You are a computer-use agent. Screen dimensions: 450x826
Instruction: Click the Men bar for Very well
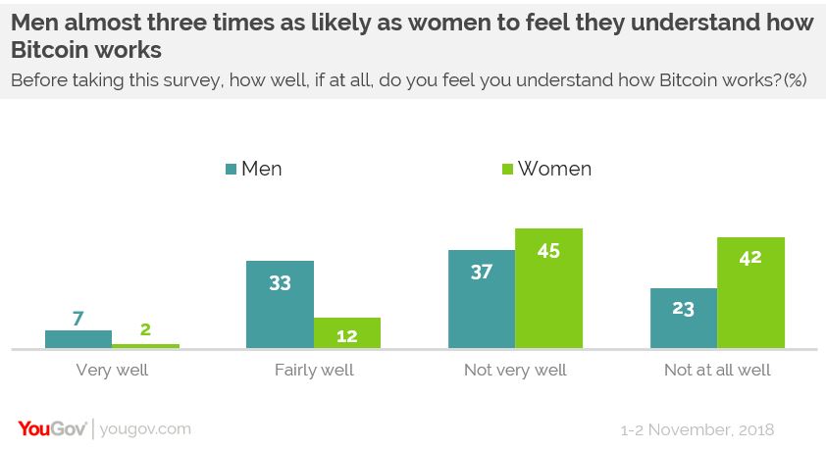(x=78, y=339)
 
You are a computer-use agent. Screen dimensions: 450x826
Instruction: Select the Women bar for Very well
(x=145, y=345)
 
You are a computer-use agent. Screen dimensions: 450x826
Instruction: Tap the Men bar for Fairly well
(x=280, y=304)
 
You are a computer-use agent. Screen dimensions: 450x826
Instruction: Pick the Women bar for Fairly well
(x=346, y=332)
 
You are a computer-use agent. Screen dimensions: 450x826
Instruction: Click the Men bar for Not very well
(x=482, y=299)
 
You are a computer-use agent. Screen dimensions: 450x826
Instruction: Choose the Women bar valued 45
(x=549, y=288)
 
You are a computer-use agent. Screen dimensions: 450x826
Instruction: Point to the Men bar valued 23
(x=684, y=318)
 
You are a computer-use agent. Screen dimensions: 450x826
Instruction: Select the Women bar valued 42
(x=750, y=292)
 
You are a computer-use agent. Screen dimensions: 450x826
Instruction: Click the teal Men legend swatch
(x=232, y=170)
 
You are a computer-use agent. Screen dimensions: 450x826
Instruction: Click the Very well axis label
(x=112, y=371)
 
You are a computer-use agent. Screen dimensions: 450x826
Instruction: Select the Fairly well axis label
(x=313, y=371)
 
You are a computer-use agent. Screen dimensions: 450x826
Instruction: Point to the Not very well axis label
(x=515, y=371)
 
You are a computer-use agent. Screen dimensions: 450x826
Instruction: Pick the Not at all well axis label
(x=717, y=371)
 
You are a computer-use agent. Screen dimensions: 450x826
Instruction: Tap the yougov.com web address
(x=145, y=428)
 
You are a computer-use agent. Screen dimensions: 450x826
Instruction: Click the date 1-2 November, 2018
(x=697, y=429)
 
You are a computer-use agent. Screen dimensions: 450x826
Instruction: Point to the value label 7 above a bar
(x=78, y=319)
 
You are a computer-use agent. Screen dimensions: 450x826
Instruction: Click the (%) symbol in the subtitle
(x=795, y=80)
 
